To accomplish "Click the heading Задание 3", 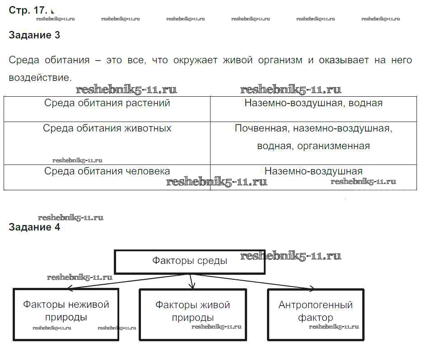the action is [x=34, y=35].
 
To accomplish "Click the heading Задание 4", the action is [x=34, y=227].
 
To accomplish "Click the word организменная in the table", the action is [x=333, y=146].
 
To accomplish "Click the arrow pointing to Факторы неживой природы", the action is [x=126, y=282].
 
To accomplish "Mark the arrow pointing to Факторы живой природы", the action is [x=191, y=282].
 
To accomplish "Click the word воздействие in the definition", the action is [x=40, y=78].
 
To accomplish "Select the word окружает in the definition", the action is [x=195, y=60].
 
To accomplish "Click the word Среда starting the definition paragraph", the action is [x=24, y=60].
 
